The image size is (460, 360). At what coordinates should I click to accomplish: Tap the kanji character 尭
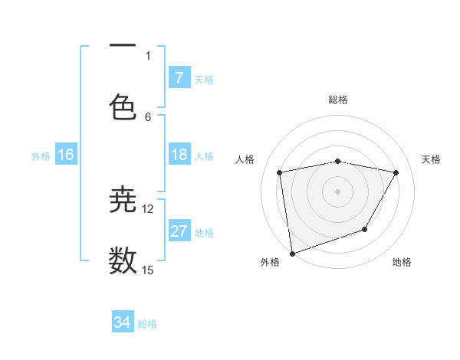click(x=123, y=200)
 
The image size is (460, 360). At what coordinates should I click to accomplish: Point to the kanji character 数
click(x=123, y=261)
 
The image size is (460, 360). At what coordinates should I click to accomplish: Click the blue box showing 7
click(x=179, y=77)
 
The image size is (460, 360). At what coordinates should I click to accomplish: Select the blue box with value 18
click(x=179, y=155)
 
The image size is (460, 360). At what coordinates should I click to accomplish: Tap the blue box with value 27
click(x=179, y=231)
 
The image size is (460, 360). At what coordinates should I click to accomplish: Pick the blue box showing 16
click(x=66, y=155)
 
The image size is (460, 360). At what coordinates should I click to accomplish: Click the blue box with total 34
click(x=123, y=322)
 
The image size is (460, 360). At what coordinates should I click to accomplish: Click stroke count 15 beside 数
click(x=148, y=270)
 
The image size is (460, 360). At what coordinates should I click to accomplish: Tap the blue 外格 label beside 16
click(x=41, y=155)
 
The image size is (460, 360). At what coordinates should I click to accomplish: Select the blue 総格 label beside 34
click(x=147, y=323)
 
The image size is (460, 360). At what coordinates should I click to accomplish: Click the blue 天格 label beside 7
click(x=204, y=78)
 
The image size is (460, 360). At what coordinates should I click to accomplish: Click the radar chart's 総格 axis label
click(x=338, y=100)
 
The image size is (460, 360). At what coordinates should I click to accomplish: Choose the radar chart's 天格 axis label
click(x=431, y=159)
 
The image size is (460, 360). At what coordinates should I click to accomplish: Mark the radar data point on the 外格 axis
click(x=292, y=253)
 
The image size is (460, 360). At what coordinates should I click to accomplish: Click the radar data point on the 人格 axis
click(x=280, y=172)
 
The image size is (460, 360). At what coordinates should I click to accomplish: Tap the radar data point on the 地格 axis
click(x=365, y=228)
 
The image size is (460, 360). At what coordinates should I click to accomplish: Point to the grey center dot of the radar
click(x=338, y=191)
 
